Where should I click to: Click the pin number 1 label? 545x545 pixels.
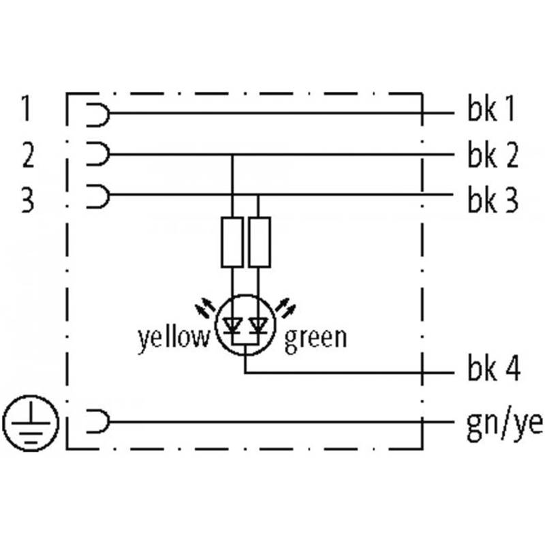[x=25, y=108]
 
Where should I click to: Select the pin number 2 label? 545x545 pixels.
[x=29, y=155]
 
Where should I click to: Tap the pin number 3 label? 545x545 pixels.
[x=28, y=200]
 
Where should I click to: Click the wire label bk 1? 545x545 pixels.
[x=491, y=108]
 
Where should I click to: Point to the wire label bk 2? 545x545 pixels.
[x=493, y=155]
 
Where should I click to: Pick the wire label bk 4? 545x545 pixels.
[x=494, y=368]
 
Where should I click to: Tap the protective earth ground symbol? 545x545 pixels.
[x=31, y=423]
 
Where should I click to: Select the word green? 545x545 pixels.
[x=315, y=339]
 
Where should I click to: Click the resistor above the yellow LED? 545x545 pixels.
[x=232, y=243]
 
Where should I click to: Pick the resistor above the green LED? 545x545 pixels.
[x=260, y=243]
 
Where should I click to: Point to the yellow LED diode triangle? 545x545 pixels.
[x=232, y=326]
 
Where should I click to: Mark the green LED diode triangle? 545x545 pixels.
[x=259, y=326]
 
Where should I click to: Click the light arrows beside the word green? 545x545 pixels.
[x=285, y=308]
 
